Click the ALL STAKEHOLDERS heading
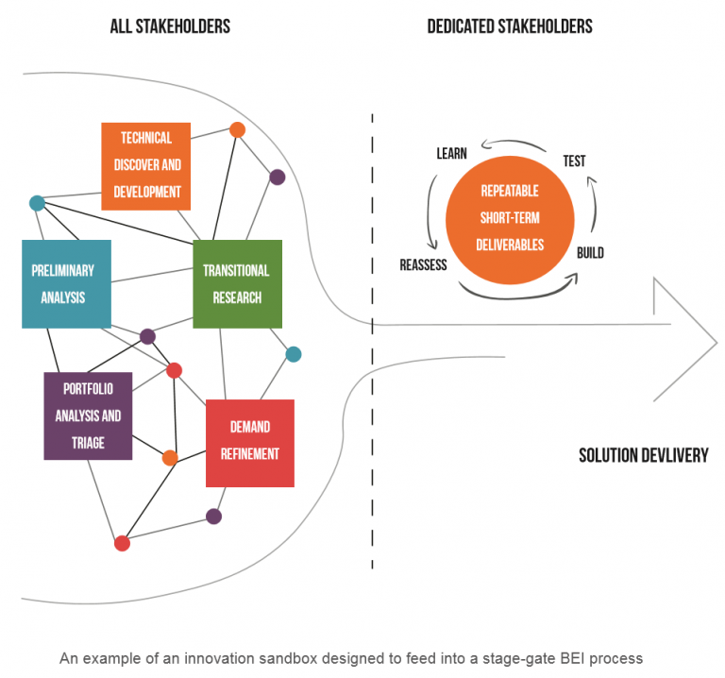(170, 26)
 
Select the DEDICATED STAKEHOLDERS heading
(510, 26)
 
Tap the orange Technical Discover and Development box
(146, 165)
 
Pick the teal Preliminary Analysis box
(66, 283)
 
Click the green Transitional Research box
(237, 283)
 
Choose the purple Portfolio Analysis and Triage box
(88, 415)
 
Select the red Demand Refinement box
(249, 442)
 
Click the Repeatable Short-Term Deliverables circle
(510, 217)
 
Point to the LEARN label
(451, 153)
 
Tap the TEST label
(574, 161)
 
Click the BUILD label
(590, 253)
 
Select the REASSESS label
(423, 265)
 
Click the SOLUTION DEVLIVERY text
(643, 456)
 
